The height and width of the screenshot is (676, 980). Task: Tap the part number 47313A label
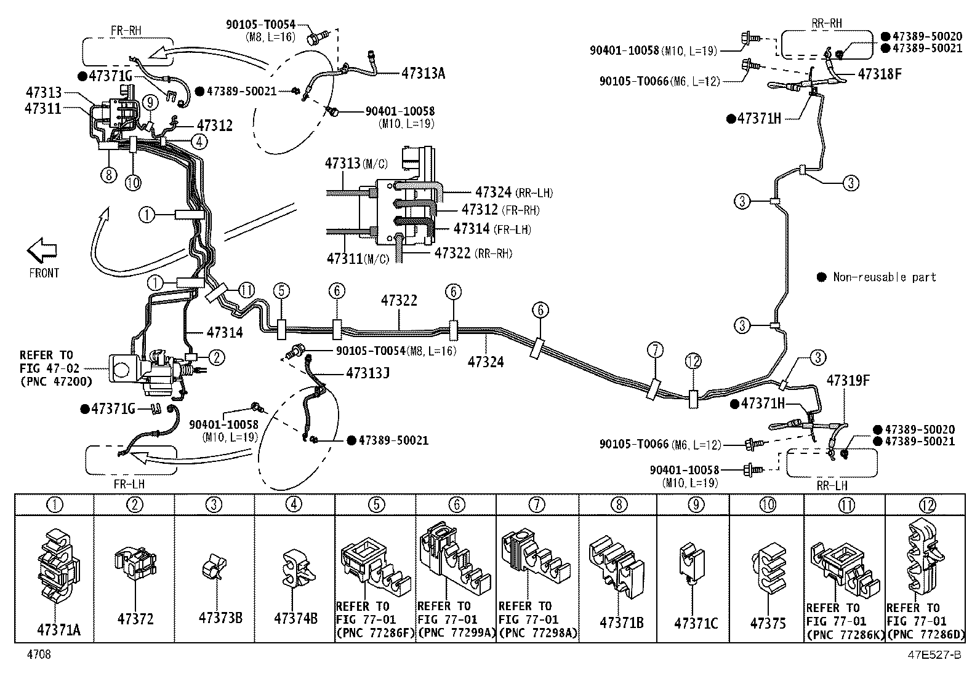click(423, 73)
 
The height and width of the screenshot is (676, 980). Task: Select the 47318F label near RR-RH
click(880, 74)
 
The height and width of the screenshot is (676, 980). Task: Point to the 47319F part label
click(848, 380)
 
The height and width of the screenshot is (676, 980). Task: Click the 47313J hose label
click(367, 373)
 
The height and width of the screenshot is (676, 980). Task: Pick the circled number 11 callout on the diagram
click(246, 290)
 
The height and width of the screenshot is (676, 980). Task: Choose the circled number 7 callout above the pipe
click(655, 350)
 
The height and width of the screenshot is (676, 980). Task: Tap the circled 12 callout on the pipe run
click(693, 361)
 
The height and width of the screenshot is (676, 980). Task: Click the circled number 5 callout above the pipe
click(281, 291)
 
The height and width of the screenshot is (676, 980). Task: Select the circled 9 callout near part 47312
click(150, 102)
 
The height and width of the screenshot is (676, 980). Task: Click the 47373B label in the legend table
click(220, 618)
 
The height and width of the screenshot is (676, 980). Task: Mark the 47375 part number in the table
click(768, 622)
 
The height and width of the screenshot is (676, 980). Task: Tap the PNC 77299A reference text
click(457, 632)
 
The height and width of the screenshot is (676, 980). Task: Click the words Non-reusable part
click(884, 277)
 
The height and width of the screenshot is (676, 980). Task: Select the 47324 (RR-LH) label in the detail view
click(514, 193)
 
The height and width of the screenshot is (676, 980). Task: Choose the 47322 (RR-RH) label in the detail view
click(473, 253)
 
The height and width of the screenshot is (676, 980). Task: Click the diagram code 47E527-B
click(934, 654)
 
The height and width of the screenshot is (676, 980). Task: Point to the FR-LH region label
click(129, 483)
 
